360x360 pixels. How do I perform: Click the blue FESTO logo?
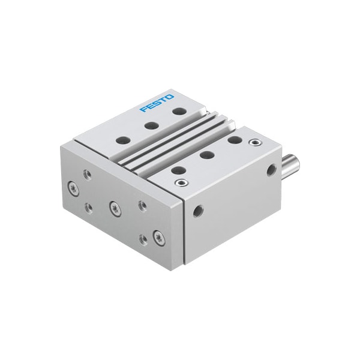tap(157, 103)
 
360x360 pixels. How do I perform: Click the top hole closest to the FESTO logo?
tap(178, 110)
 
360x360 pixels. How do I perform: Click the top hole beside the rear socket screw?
tap(235, 140)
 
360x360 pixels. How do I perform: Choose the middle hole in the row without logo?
tap(207, 155)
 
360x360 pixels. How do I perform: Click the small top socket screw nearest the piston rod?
tap(256, 143)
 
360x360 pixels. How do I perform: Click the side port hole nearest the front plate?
tap(197, 211)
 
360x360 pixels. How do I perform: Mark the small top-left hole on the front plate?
tap(88, 174)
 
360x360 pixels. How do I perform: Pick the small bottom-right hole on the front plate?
tap(143, 239)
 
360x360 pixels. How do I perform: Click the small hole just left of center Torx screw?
tap(88, 206)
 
